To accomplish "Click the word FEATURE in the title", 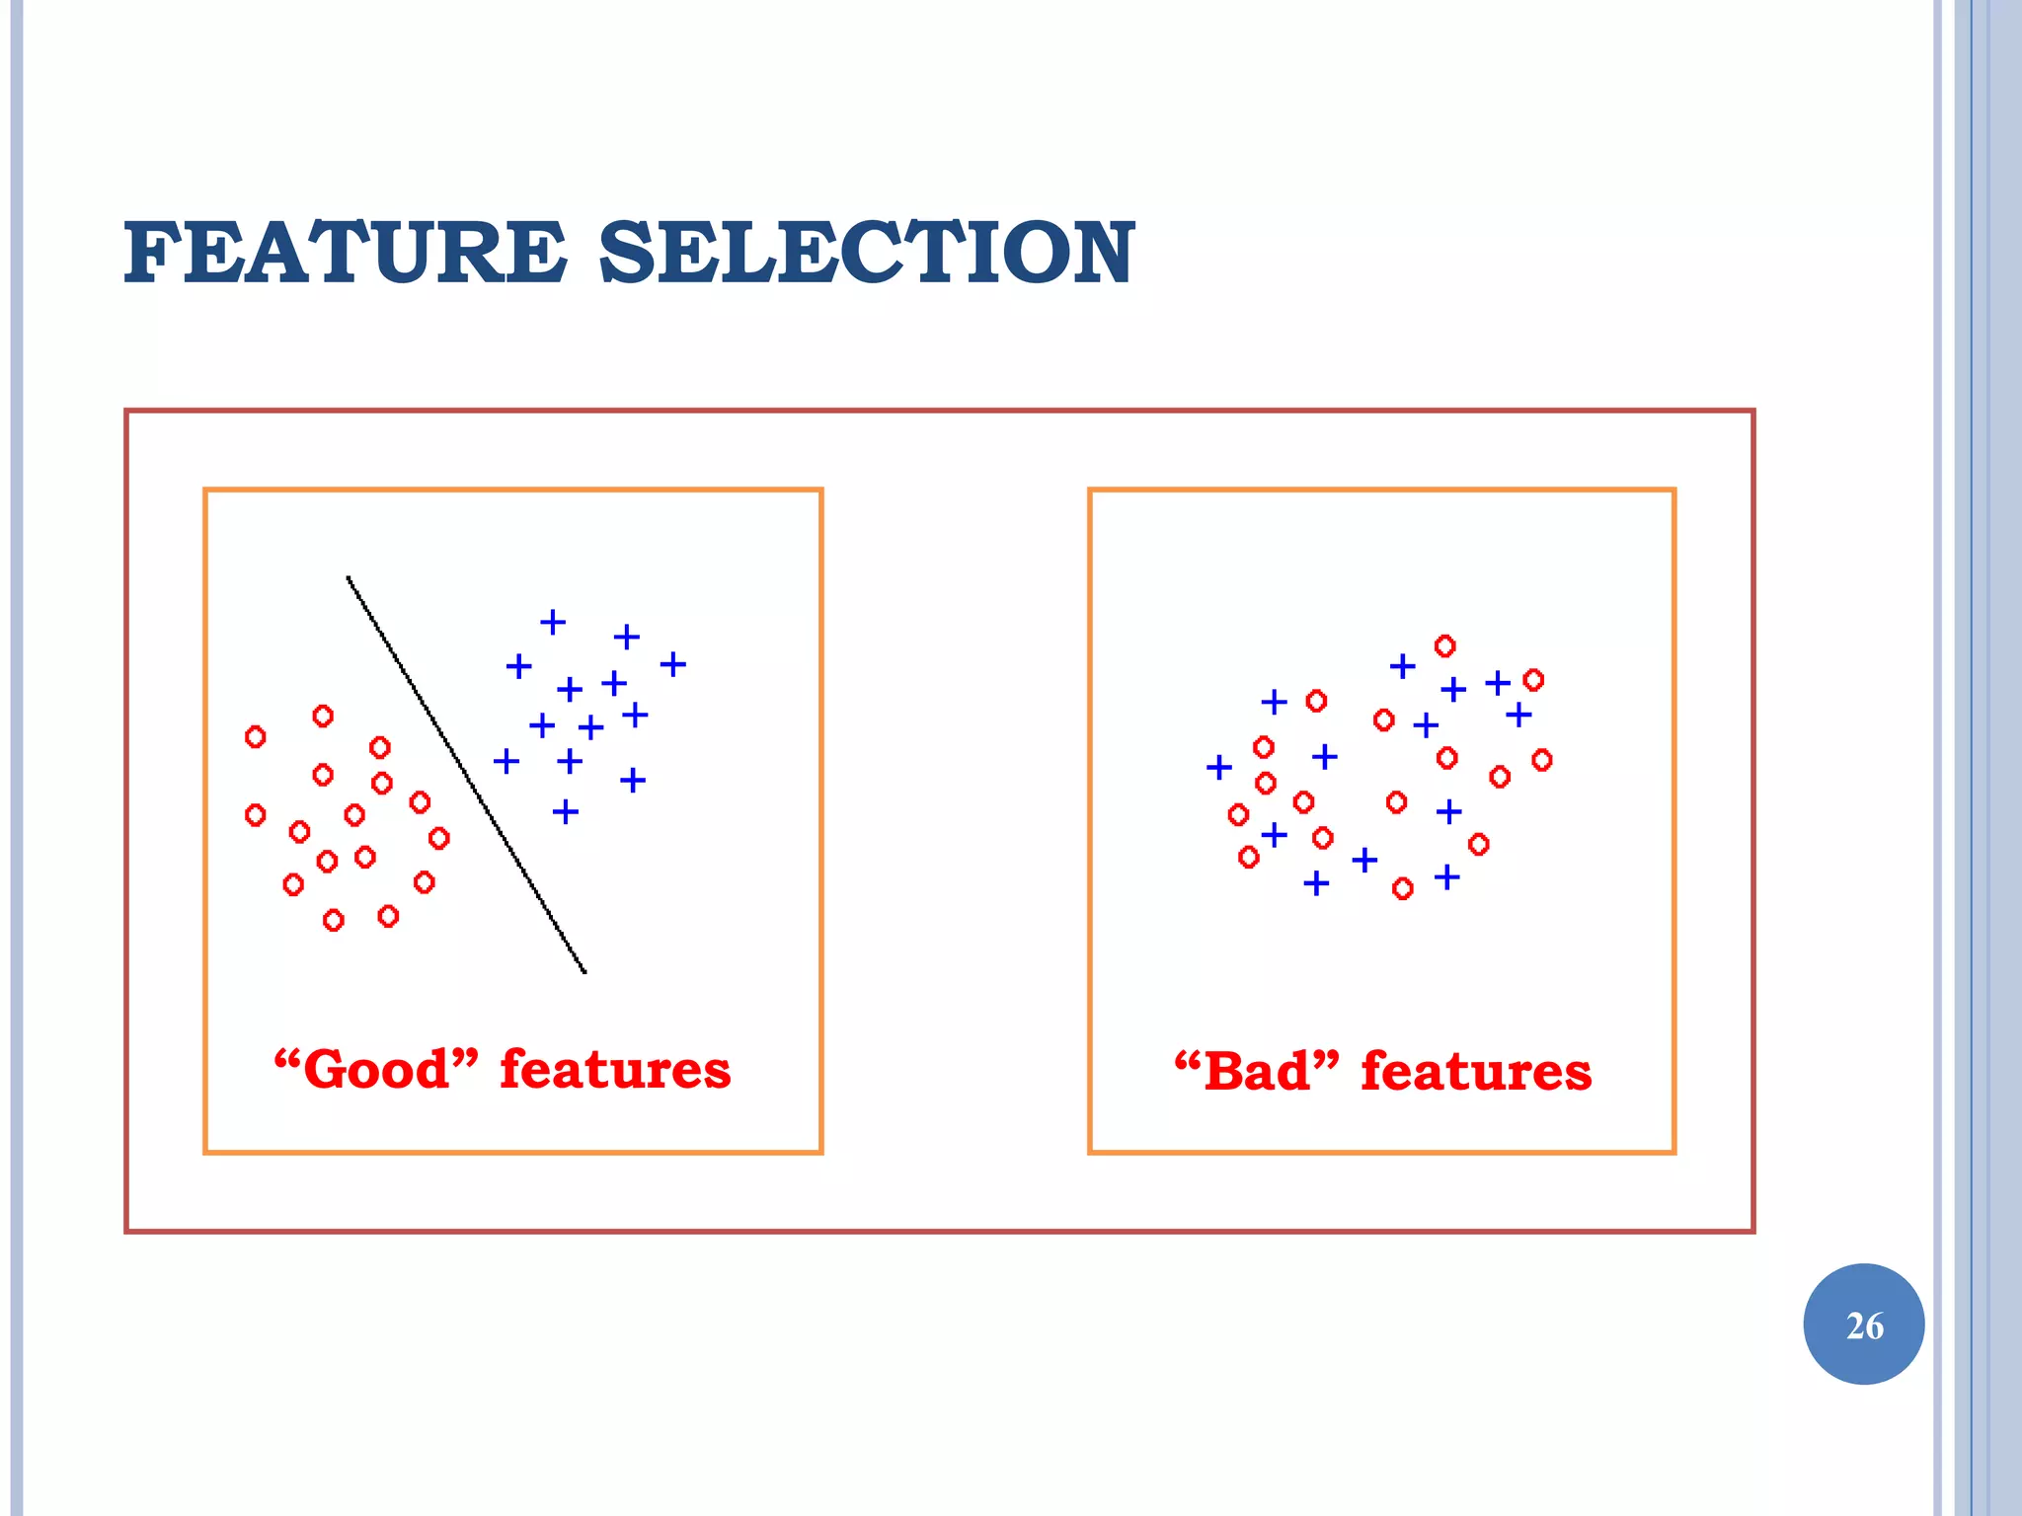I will [345, 254].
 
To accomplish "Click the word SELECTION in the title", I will [866, 254].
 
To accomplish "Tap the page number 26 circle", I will [1863, 1324].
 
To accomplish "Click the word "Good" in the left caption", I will [375, 1069].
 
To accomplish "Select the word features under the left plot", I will [615, 1069].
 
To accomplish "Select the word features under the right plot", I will [1476, 1071].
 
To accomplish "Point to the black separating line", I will [466, 775].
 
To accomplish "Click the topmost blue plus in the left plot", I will [553, 622].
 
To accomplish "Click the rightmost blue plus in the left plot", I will [673, 664].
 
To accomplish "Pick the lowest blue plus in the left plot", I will [565, 812].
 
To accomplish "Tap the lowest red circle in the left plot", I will [334, 921].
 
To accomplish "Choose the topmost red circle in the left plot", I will [323, 716].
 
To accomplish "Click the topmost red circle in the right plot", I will [1444, 646].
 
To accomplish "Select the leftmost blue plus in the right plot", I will [1219, 767].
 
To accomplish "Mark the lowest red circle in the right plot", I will [1402, 889].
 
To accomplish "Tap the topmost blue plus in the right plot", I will [1402, 667].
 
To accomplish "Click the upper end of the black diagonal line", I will [349, 578].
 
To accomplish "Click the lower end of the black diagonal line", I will [584, 971].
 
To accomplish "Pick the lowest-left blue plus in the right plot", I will [1316, 882].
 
